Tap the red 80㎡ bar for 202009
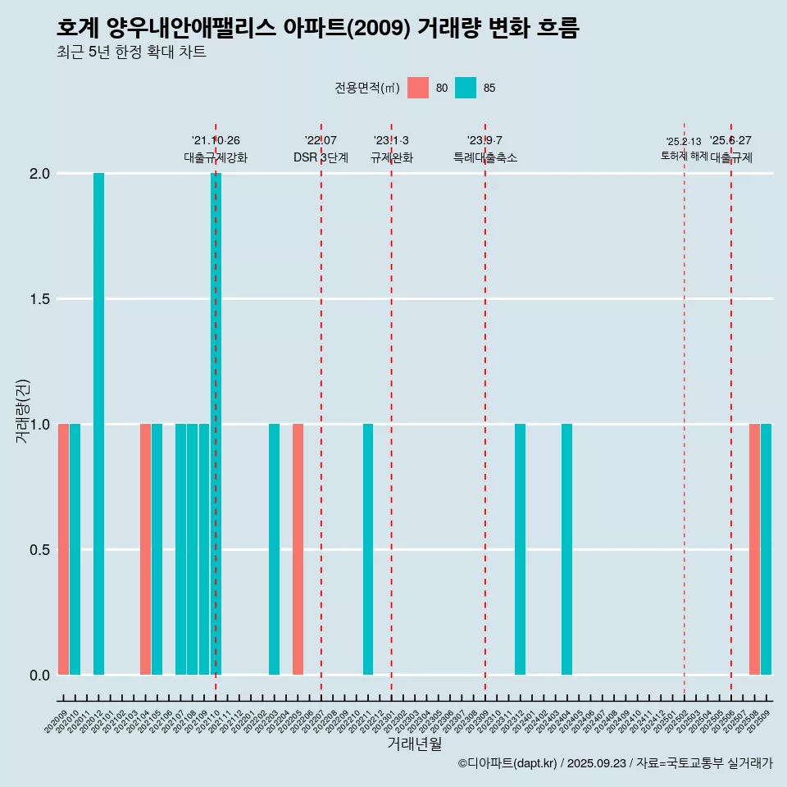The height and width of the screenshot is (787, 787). [x=63, y=549]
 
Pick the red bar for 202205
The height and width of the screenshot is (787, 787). [x=298, y=549]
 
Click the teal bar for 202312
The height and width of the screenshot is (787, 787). [x=520, y=549]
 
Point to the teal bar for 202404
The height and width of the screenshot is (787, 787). [x=566, y=549]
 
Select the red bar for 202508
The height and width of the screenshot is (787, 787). [x=754, y=549]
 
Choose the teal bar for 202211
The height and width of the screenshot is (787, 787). [x=368, y=549]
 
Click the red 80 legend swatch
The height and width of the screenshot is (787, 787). [x=418, y=88]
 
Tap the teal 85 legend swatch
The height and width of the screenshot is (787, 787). [x=466, y=88]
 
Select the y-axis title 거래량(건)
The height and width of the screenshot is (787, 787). [x=22, y=411]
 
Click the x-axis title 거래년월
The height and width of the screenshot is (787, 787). [x=414, y=744]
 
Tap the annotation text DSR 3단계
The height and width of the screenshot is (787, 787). [x=321, y=157]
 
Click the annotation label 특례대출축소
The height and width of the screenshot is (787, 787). [x=485, y=157]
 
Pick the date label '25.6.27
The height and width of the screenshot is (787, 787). [x=730, y=141]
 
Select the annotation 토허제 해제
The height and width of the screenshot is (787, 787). [x=684, y=156]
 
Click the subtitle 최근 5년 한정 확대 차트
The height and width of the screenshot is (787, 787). [x=131, y=52]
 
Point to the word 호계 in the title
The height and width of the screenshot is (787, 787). [x=78, y=29]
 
